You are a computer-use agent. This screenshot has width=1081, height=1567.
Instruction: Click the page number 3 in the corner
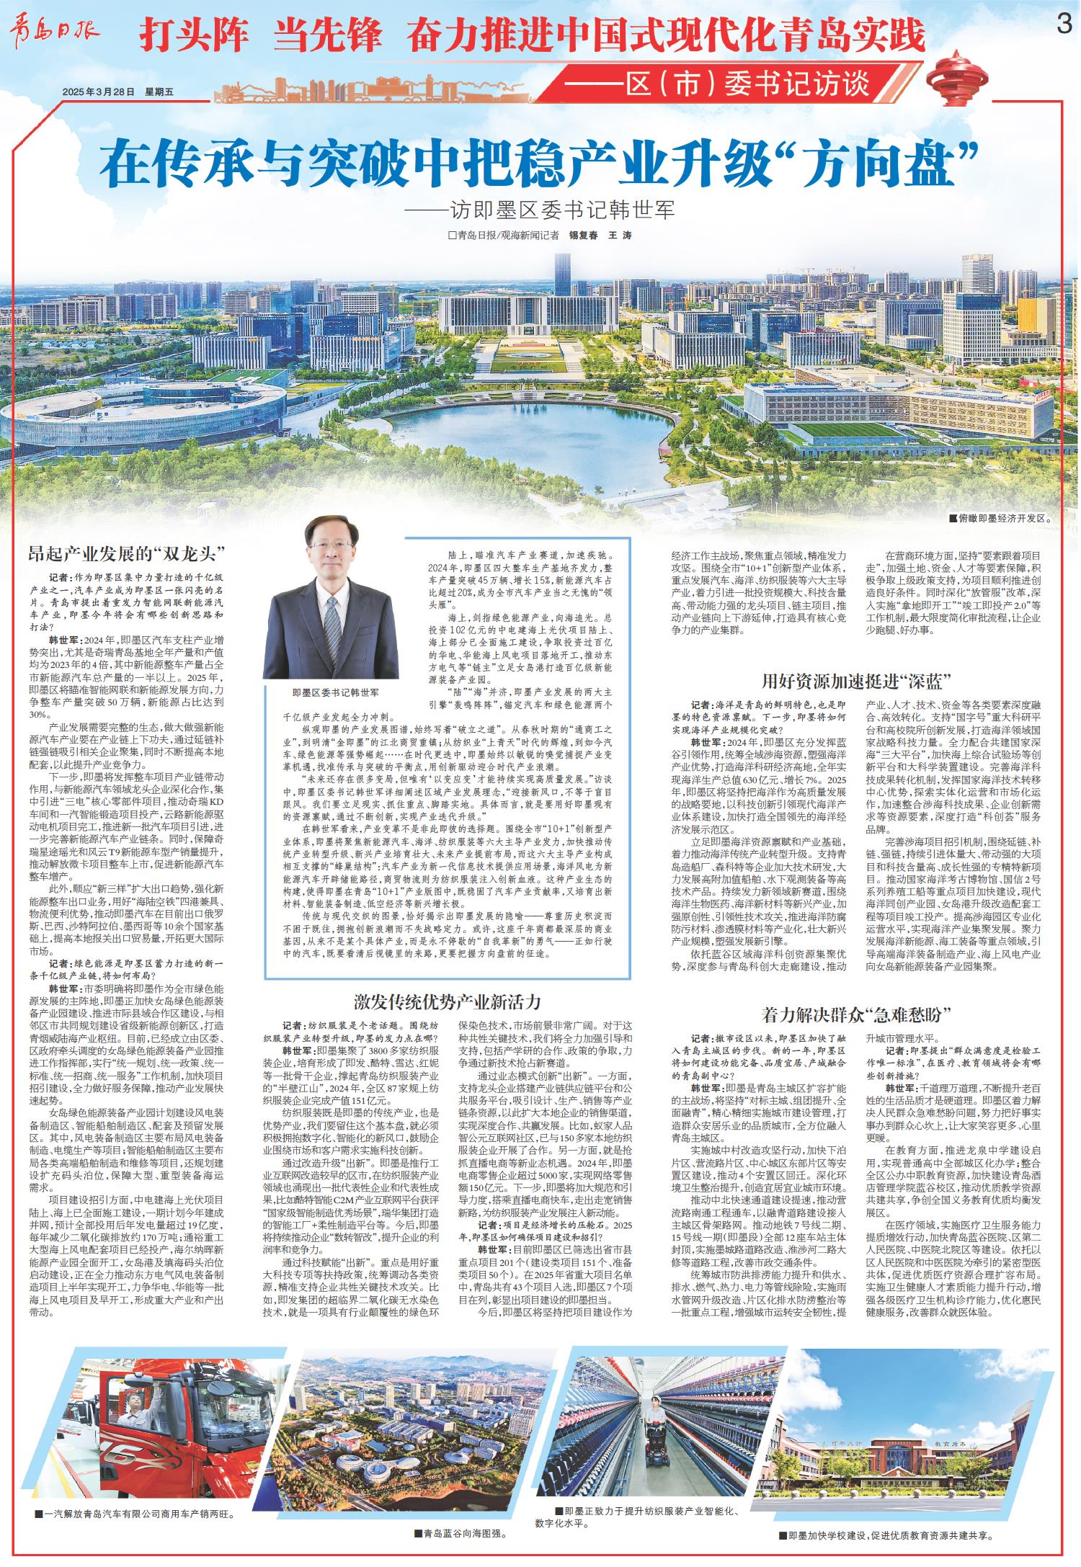tap(1063, 24)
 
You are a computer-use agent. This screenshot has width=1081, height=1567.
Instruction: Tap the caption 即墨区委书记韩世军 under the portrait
tap(336, 692)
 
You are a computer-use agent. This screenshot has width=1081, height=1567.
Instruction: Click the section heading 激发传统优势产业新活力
tap(447, 1001)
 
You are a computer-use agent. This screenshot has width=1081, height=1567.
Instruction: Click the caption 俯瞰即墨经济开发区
tap(1002, 517)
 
